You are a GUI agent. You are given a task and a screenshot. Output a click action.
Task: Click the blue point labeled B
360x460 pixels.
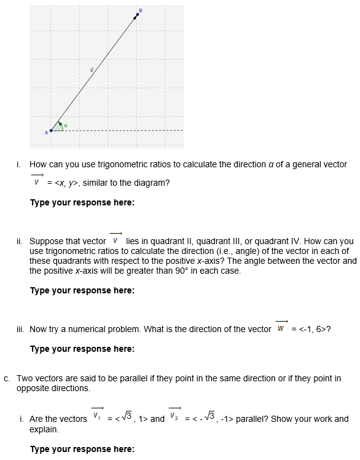coord(137,15)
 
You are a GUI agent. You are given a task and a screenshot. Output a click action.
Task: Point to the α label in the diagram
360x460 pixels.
coord(66,126)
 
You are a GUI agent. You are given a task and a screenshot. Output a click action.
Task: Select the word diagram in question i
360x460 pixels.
coord(152,183)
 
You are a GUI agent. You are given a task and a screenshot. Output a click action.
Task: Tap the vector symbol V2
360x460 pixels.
coord(175,418)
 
